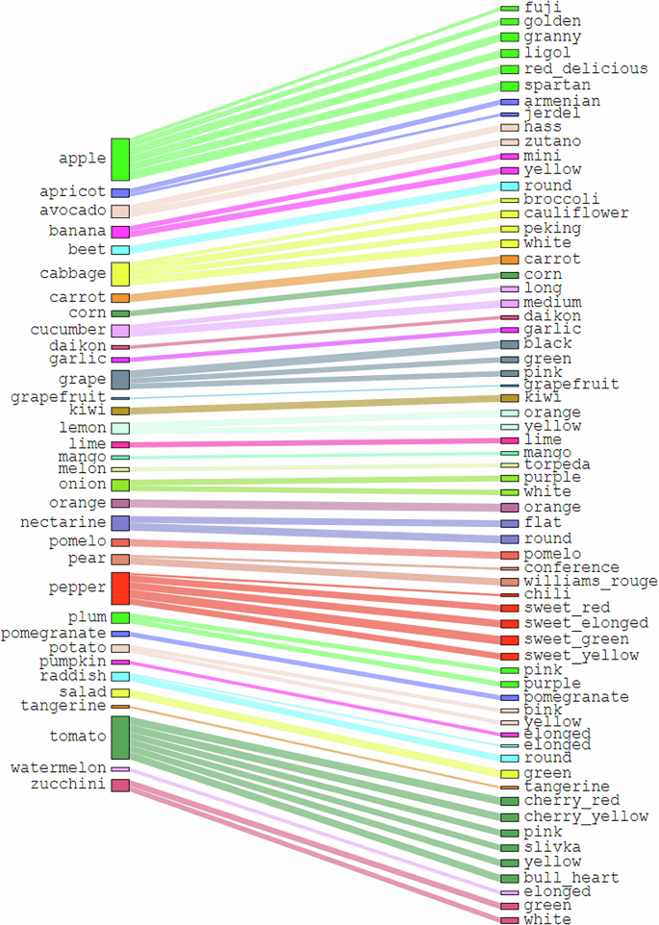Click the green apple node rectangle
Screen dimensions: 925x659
(x=120, y=160)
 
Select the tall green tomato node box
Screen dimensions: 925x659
(x=120, y=737)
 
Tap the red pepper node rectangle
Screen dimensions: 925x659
(x=120, y=587)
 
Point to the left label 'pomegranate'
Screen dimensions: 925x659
(x=53, y=634)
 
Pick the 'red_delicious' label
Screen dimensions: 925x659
(x=571, y=69)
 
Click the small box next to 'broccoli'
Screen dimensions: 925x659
(x=510, y=200)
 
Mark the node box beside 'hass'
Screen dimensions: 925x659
(x=510, y=127)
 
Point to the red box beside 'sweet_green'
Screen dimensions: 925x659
(x=510, y=639)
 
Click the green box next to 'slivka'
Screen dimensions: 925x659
(x=510, y=847)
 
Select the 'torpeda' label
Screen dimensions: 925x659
(x=557, y=464)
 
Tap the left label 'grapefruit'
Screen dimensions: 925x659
(x=54, y=397)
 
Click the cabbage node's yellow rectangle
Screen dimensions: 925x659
(x=120, y=274)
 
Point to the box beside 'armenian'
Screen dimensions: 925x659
(x=510, y=101)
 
